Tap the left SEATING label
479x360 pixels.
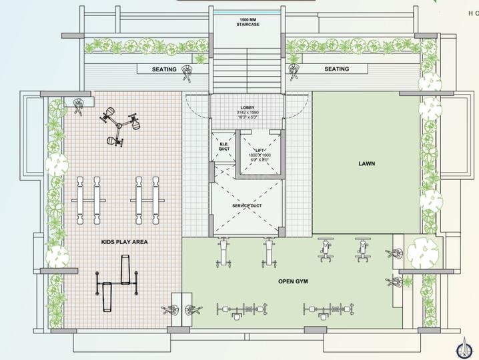(163, 69)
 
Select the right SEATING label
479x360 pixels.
(336, 69)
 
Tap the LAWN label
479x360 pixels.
(368, 162)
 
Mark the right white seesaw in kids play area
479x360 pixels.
(147, 199)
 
